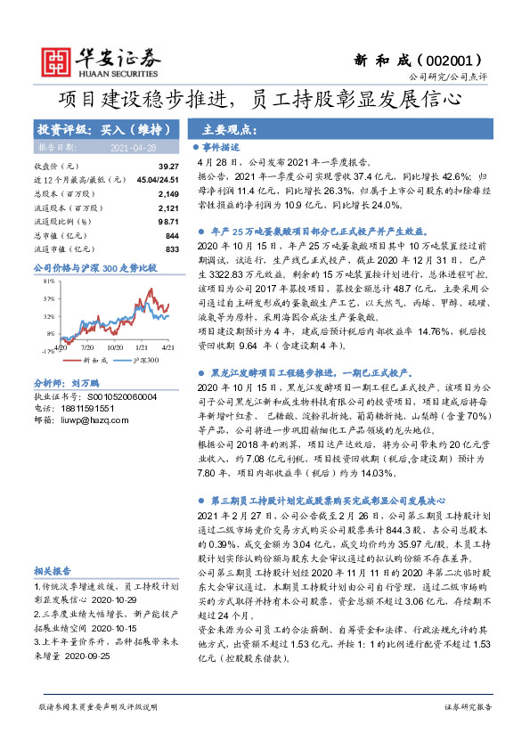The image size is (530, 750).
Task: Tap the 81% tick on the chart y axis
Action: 47,281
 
